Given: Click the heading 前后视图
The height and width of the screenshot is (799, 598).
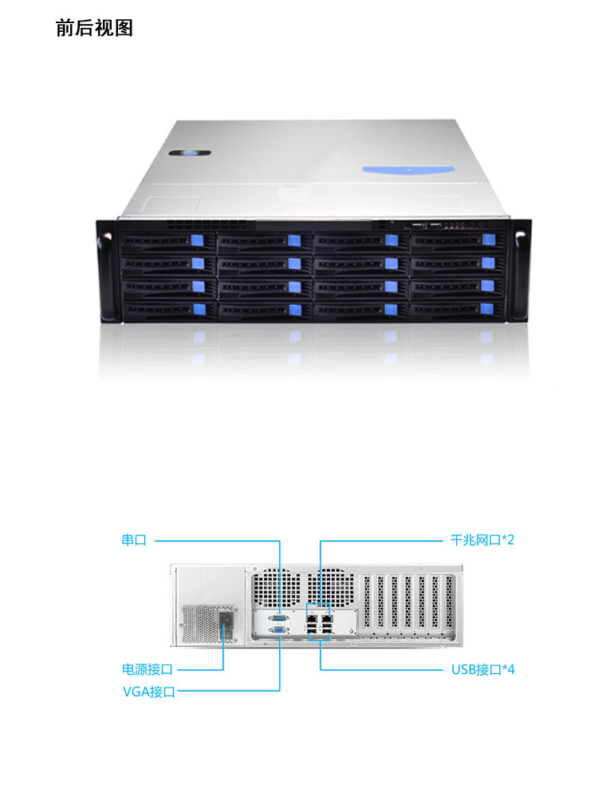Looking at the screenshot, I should (x=94, y=28).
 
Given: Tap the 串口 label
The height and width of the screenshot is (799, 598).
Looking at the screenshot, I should (x=134, y=540).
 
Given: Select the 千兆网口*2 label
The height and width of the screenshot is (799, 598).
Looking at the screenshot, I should (x=478, y=540).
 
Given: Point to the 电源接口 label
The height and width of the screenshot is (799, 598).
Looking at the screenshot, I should (x=147, y=669).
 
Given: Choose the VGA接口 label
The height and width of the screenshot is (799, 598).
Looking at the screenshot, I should (x=148, y=691).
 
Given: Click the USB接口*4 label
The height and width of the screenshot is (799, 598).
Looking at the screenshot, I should (x=483, y=669).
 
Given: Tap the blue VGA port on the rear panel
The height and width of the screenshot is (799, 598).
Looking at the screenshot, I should (x=280, y=630).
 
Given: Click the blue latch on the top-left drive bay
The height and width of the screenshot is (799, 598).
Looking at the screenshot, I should (x=199, y=241).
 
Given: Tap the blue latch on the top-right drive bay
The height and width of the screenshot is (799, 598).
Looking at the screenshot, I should (x=489, y=240).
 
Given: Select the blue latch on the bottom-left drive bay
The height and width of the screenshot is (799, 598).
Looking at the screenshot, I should (x=199, y=309).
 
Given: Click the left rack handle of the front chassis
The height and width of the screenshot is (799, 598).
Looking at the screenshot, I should (x=106, y=271).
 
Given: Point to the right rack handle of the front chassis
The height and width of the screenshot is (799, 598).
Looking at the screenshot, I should (x=520, y=271).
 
